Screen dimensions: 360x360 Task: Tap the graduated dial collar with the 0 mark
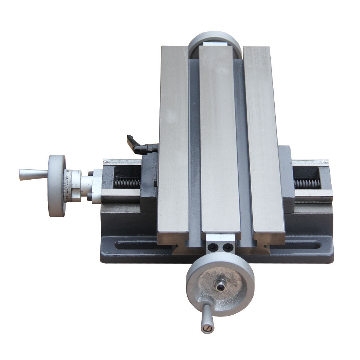coord(72,186)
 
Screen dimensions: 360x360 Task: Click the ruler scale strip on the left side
coord(122,162)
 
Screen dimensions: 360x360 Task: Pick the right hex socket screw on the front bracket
coord(227,247)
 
